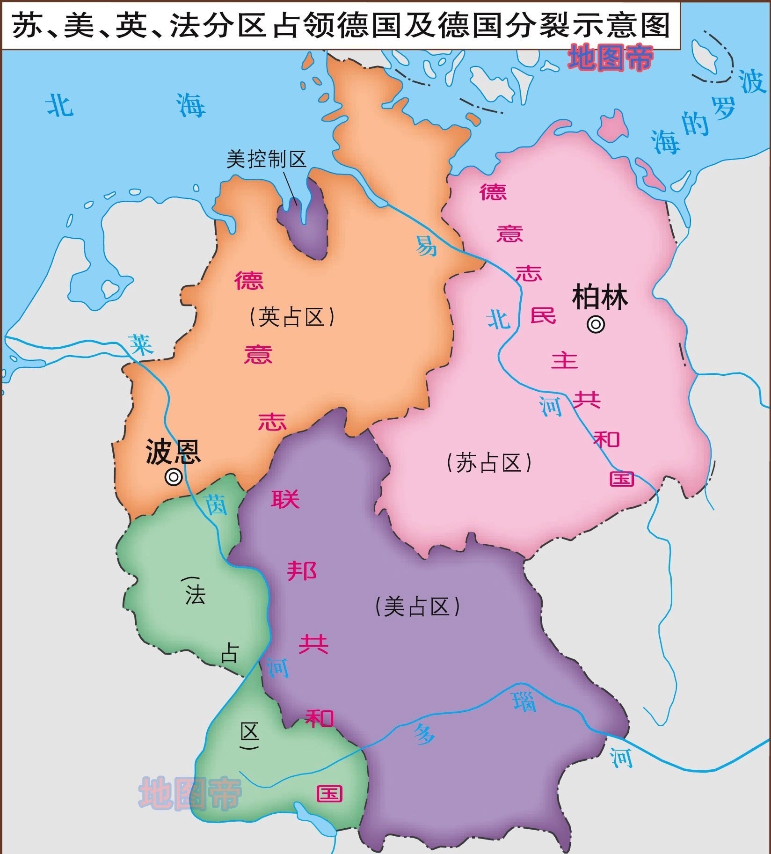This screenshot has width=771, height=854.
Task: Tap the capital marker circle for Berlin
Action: pos(596,324)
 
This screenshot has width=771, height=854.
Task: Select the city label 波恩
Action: pos(173,452)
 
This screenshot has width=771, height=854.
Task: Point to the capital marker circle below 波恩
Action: pos(174,477)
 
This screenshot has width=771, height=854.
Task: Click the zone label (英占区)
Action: pos(292,317)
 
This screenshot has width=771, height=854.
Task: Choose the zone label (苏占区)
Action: pos(489,463)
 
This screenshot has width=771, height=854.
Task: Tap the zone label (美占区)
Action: pos(417,607)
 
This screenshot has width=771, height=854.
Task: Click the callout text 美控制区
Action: pos(266,159)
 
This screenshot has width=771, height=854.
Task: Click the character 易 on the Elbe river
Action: pos(426,245)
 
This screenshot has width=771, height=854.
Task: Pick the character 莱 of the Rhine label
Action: pos(141,345)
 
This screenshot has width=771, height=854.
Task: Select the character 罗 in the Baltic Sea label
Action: pos(723,110)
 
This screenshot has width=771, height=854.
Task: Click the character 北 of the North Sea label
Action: pos(60,104)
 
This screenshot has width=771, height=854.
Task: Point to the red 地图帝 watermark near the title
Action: pos(611,58)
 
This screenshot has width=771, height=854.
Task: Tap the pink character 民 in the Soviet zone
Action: pos(543,315)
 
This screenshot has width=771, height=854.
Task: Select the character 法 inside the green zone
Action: pos(195,595)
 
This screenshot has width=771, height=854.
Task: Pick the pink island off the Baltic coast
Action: pos(612,126)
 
